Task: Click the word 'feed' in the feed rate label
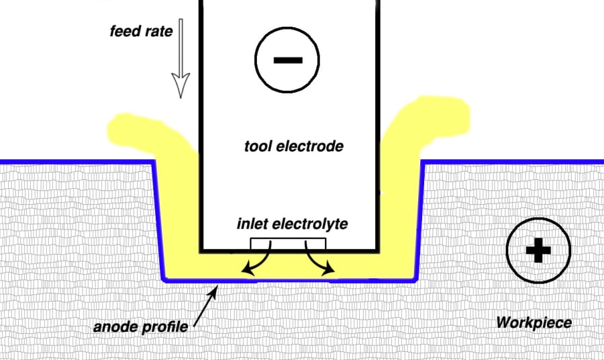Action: [124, 31]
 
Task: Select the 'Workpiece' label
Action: [534, 323]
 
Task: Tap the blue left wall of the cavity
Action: [158, 222]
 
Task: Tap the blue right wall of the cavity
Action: [419, 222]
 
